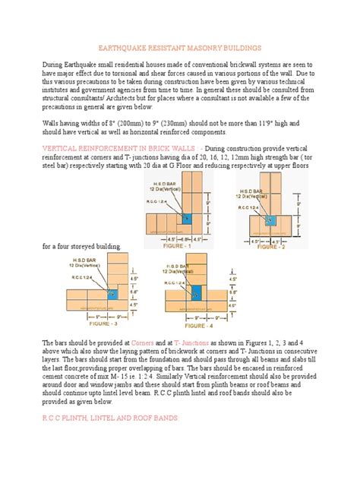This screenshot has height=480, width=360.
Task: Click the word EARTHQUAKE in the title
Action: coord(126,46)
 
